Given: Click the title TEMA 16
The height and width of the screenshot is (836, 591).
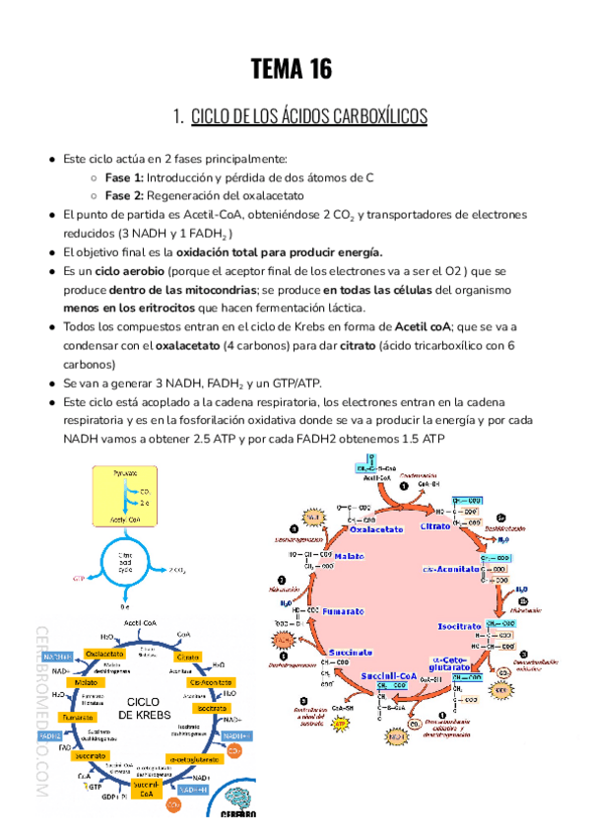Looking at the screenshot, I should click(292, 69).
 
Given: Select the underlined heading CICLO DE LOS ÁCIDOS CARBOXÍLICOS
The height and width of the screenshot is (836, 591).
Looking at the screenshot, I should click(308, 117).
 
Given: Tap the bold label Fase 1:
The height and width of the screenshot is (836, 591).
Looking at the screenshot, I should click(124, 177).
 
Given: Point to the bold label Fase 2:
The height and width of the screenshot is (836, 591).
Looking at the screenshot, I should click(124, 195).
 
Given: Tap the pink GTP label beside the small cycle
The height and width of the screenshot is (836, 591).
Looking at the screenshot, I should click(79, 580).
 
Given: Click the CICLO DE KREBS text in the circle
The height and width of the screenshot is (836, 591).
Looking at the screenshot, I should click(145, 705).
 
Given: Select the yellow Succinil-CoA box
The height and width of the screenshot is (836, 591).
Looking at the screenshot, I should click(145, 789).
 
